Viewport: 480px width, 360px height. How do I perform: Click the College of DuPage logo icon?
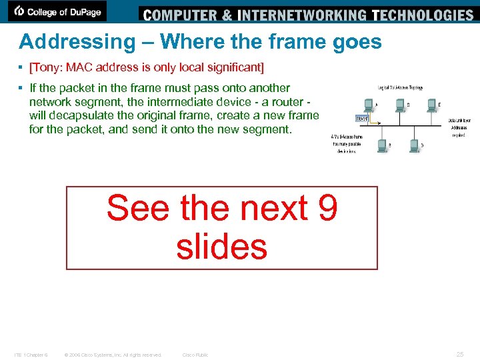pos(20,11)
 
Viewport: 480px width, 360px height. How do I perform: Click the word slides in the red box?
pos(221,247)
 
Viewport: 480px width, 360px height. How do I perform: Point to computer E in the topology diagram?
pos(431,104)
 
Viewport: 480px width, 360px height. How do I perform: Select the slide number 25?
pos(459,355)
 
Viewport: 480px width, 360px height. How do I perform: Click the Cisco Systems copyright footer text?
pos(113,355)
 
